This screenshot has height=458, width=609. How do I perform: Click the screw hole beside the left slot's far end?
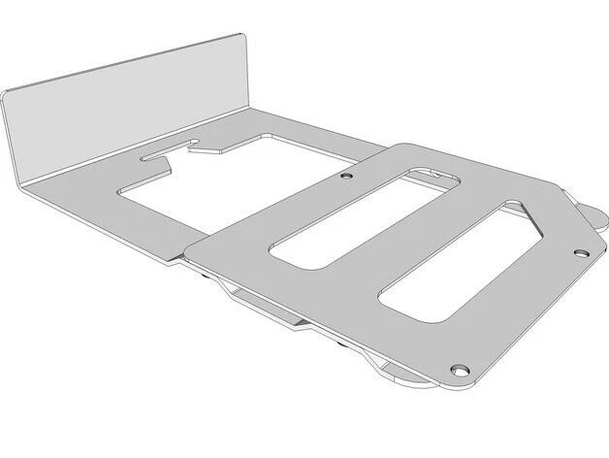point(346,179)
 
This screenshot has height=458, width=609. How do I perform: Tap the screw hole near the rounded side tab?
point(580,253)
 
